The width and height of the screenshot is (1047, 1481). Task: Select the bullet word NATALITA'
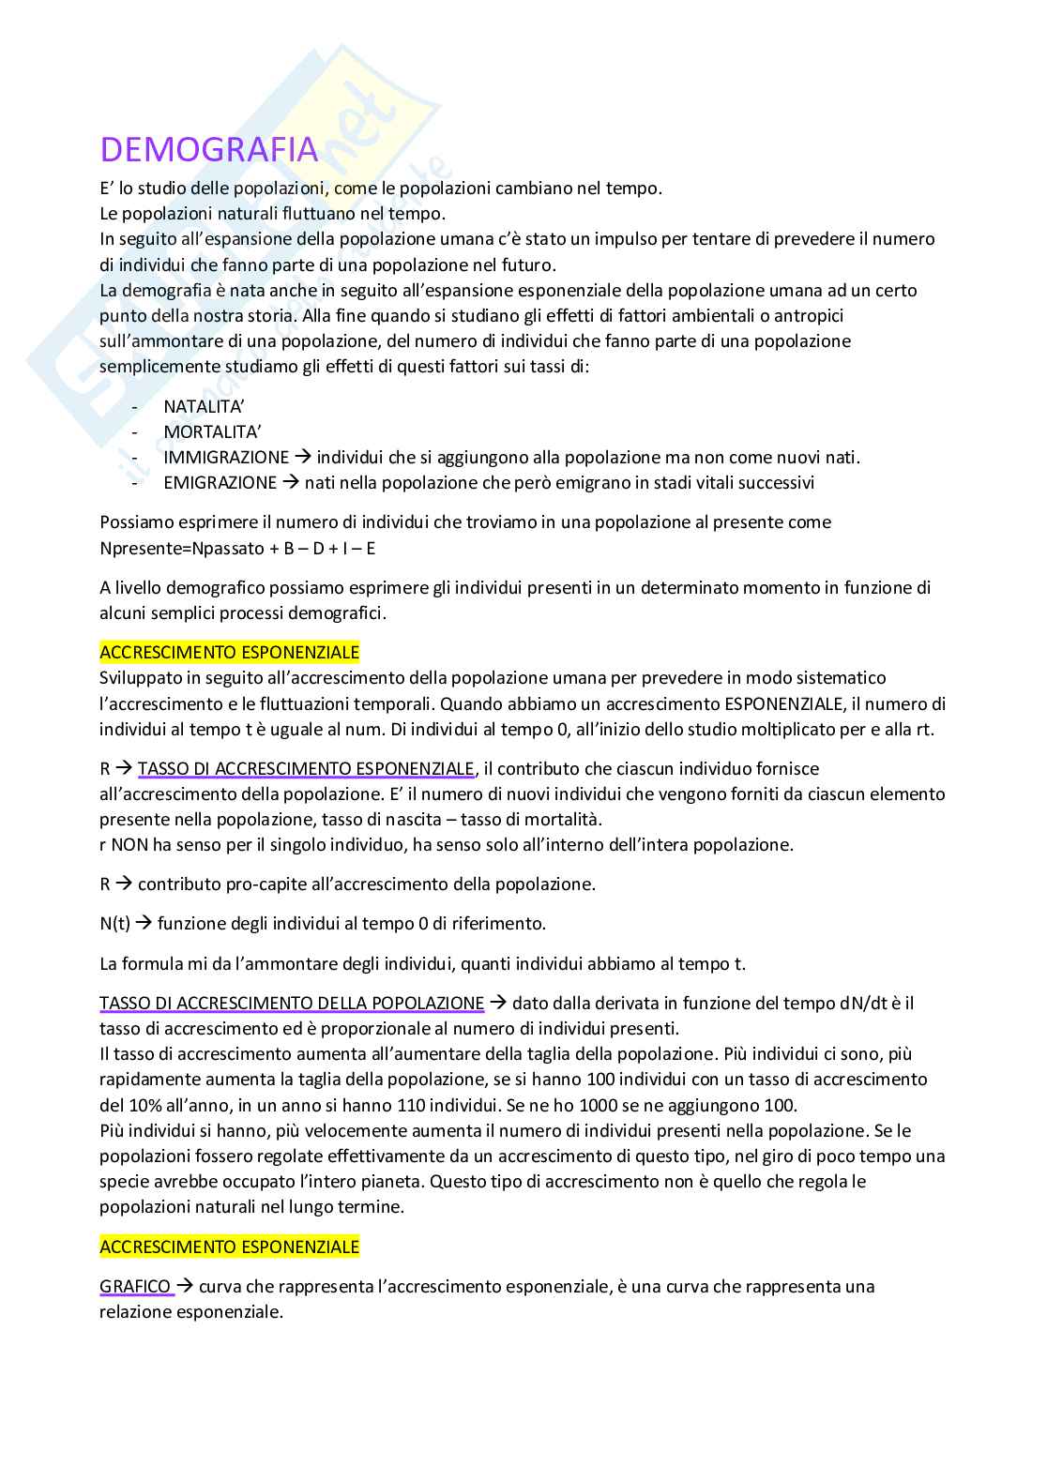[204, 407]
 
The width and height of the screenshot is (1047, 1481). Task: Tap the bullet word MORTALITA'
[212, 432]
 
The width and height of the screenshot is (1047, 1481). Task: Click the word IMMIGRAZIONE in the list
[226, 458]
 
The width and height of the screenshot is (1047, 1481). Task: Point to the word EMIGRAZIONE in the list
[220, 483]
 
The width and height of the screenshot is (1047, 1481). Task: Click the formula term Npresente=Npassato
[173, 548]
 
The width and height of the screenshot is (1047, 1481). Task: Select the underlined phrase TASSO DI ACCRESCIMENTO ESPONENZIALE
[306, 769]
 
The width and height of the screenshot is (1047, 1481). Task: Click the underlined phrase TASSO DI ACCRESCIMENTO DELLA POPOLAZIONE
[292, 1004]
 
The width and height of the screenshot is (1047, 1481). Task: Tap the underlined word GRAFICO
[135, 1286]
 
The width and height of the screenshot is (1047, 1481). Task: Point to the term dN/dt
[863, 1004]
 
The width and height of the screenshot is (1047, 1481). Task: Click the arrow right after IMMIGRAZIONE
[302, 458]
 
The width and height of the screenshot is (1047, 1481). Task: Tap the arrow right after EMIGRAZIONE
[290, 483]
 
